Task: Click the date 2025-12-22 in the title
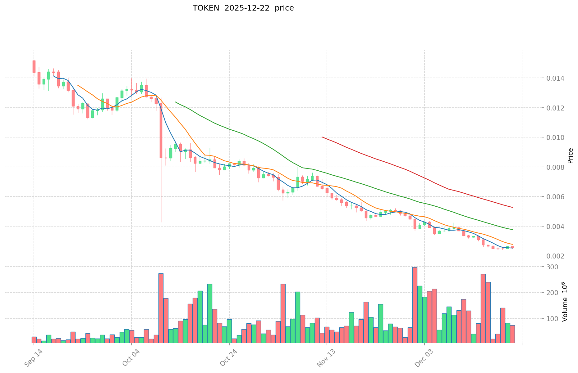coord(244,8)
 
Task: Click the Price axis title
coord(570,155)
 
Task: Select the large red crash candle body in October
coord(161,130)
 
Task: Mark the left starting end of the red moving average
coord(322,137)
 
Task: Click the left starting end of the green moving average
coord(176,102)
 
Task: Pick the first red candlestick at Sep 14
coord(34,66)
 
